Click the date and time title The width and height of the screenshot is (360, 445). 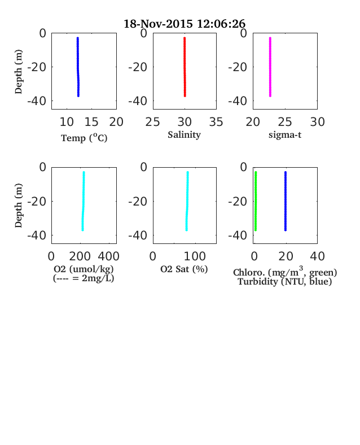click(x=185, y=24)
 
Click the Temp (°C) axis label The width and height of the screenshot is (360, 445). click(x=84, y=138)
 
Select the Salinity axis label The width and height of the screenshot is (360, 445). click(x=185, y=134)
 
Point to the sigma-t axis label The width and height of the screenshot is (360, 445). click(x=285, y=135)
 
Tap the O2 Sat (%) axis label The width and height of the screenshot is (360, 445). click(x=185, y=269)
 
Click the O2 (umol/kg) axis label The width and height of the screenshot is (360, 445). click(x=84, y=269)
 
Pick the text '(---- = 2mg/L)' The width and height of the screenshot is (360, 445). click(x=84, y=278)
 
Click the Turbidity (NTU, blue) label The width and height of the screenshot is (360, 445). click(x=285, y=282)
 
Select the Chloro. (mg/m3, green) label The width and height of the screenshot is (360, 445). click(x=285, y=272)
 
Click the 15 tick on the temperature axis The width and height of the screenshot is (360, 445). click(x=91, y=122)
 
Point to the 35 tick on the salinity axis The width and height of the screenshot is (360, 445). click(x=216, y=122)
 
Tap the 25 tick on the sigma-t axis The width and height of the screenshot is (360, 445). click(x=285, y=122)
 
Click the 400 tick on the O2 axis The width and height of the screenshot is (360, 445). click(x=109, y=256)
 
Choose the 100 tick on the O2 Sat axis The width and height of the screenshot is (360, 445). click(x=195, y=256)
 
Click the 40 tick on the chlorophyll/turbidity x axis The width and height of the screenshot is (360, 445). click(x=317, y=256)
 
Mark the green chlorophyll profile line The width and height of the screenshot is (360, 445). click(x=256, y=201)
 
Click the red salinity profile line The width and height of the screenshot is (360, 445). click(x=185, y=67)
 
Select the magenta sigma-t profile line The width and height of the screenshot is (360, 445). click(x=270, y=67)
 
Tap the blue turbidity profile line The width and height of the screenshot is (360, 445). click(x=286, y=201)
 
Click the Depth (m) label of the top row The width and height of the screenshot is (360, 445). click(x=19, y=72)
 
